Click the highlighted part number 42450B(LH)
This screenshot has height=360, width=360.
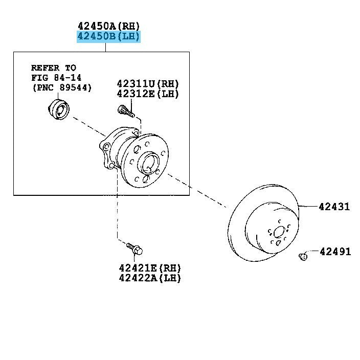coord(108,36)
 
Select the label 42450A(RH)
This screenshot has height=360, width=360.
coord(108,26)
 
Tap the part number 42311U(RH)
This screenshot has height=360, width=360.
coord(148,84)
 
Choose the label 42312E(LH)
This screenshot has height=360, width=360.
coord(148,94)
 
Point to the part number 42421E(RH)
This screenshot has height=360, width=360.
coord(150,268)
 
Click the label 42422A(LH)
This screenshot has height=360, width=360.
coord(150,278)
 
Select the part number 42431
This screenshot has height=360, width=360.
coord(334,207)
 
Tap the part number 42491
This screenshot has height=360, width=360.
coord(335,252)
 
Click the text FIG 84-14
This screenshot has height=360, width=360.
coord(56,78)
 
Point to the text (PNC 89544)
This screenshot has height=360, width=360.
coord(62,88)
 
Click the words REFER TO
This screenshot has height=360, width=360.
coord(54,67)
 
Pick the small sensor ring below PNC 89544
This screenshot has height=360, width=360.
coord(59,109)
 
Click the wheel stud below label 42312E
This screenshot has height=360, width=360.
coord(126,111)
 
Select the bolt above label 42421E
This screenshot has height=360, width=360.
coord(134,249)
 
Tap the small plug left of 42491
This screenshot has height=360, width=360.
coord(303,256)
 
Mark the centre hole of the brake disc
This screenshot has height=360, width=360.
coord(279,232)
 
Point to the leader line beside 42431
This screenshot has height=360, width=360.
coord(308,207)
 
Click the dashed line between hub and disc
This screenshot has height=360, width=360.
coord(197,191)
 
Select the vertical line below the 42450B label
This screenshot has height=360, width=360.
coord(106,47)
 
